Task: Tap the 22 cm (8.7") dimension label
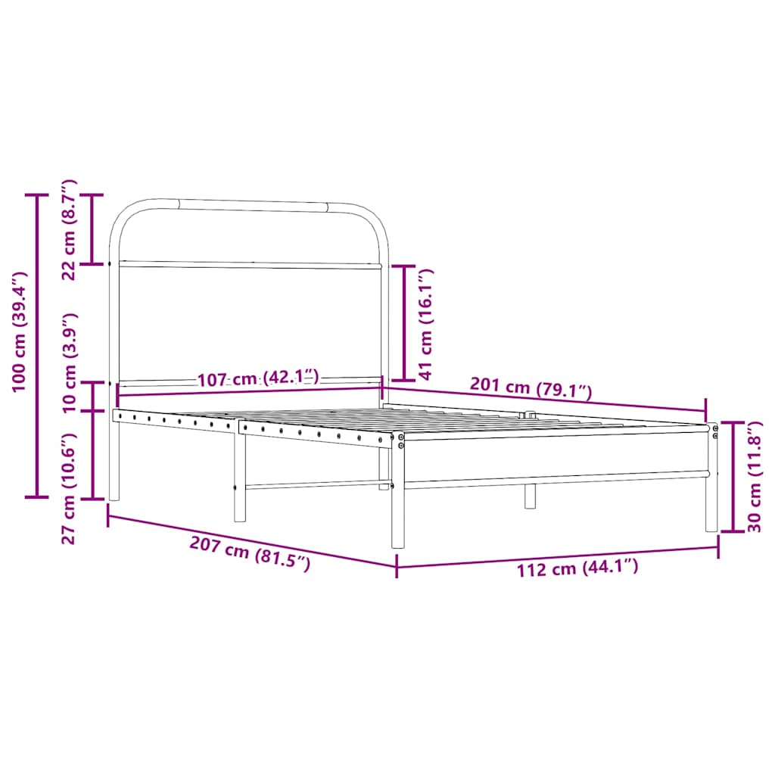tap(69, 229)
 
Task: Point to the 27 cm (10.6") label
tap(70, 488)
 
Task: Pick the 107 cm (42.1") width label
tap(258, 378)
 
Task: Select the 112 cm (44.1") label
tap(577, 567)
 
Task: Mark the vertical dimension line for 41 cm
tap(404, 322)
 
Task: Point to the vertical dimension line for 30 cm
tap(732, 477)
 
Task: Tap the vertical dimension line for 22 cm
tap(92, 229)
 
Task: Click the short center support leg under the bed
tap(530, 496)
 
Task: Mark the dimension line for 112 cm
tap(557, 556)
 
